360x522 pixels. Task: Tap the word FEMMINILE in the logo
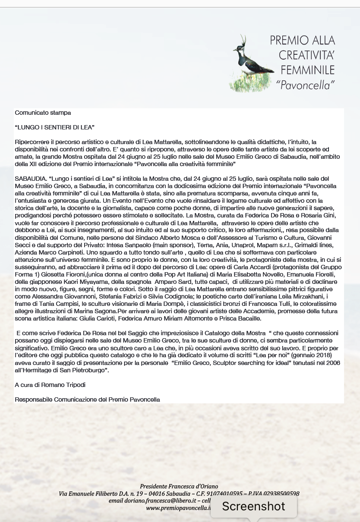click(307, 69)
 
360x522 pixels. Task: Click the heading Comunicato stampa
click(43, 113)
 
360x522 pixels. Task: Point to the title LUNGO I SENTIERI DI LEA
click(54, 127)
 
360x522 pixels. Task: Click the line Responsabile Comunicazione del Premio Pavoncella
click(87, 399)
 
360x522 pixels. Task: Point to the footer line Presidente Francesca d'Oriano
click(179, 487)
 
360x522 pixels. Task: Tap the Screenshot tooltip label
click(253, 506)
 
